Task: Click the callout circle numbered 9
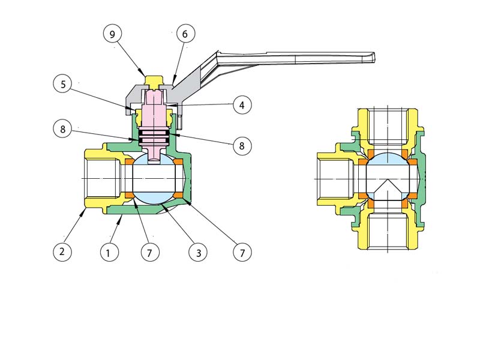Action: point(112,34)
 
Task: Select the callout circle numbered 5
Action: point(63,83)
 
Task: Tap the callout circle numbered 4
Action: point(242,105)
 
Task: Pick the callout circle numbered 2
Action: point(62,252)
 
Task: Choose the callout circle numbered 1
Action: point(108,253)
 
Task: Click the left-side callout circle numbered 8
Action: point(62,128)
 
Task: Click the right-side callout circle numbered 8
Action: point(242,145)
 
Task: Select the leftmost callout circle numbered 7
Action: point(150,253)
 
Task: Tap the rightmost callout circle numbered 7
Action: point(242,253)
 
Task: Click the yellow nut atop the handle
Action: point(155,80)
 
